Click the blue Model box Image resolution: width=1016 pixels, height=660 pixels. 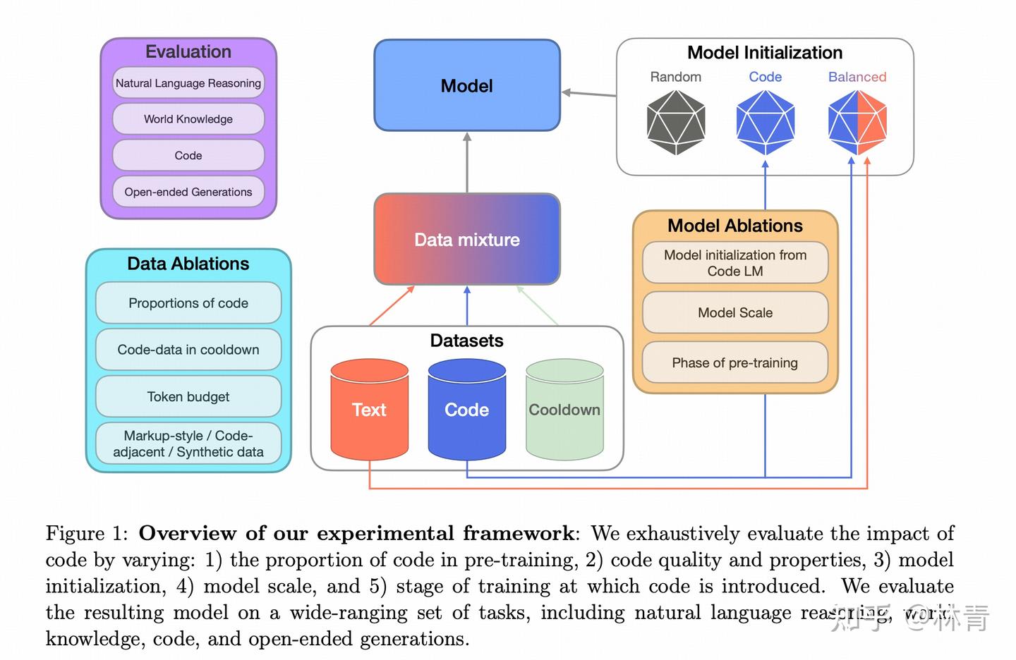[466, 85]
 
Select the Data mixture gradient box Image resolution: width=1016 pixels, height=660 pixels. [466, 239]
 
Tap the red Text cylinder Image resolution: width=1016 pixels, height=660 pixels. [369, 410]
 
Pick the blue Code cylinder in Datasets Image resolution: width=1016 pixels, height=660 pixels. [466, 410]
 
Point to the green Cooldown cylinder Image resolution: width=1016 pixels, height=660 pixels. [564, 410]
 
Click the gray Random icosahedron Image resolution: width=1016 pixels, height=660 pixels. [675, 122]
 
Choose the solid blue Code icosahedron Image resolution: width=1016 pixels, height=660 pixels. [766, 122]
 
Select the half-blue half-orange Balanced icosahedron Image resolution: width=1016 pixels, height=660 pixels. [857, 122]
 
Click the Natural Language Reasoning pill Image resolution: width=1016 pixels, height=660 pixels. [188, 83]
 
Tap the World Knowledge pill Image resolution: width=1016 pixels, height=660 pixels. [188, 119]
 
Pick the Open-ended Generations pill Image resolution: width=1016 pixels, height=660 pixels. [188, 192]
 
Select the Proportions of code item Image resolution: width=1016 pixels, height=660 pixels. [188, 303]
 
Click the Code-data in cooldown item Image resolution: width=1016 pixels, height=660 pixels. [188, 350]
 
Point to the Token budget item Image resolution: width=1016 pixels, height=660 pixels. [188, 397]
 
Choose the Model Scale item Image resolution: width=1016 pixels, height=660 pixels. [734, 312]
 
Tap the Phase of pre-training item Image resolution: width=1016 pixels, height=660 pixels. [734, 362]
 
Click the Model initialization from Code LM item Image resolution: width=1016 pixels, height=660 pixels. [734, 263]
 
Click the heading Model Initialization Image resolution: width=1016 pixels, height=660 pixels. [765, 53]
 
